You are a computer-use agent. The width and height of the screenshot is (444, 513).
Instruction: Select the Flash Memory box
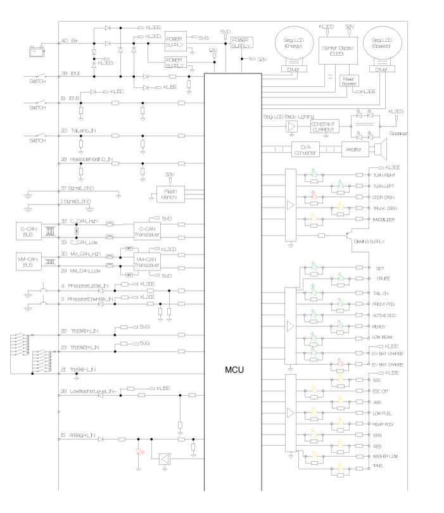[x=170, y=195]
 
